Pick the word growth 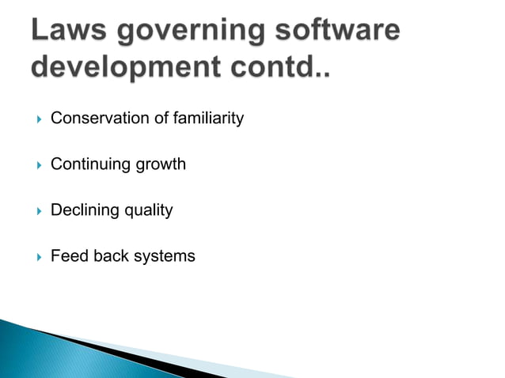click(161, 165)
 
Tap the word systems click(164, 257)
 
